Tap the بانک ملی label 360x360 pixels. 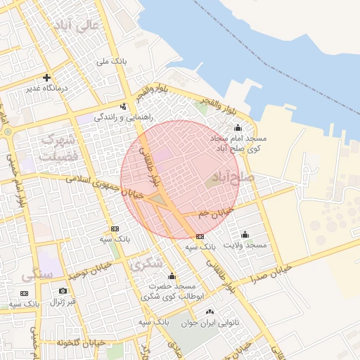[x=112, y=62]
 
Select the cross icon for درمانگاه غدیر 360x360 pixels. [x=46, y=78]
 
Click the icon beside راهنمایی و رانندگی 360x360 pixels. [x=124, y=107]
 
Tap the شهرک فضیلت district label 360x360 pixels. [x=59, y=148]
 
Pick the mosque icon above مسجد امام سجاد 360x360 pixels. [x=237, y=128]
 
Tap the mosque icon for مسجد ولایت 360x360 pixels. [x=245, y=234]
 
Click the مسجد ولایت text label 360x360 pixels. [x=245, y=245]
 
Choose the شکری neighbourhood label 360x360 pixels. [x=146, y=264]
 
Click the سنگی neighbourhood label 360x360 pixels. [x=37, y=275]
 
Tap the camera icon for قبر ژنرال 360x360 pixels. [x=63, y=291]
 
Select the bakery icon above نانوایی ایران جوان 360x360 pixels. [x=209, y=311]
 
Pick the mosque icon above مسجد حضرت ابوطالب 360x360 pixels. [x=172, y=276]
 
